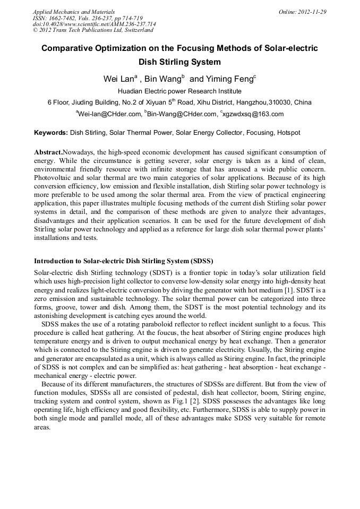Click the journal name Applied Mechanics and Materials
pos(74,12)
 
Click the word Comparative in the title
pos(68,48)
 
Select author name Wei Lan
pos(118,79)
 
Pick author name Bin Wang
pos(163,79)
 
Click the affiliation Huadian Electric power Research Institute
pos(179,91)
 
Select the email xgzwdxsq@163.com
pos(253,114)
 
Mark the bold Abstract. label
pos(48,152)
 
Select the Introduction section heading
pos(123,261)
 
